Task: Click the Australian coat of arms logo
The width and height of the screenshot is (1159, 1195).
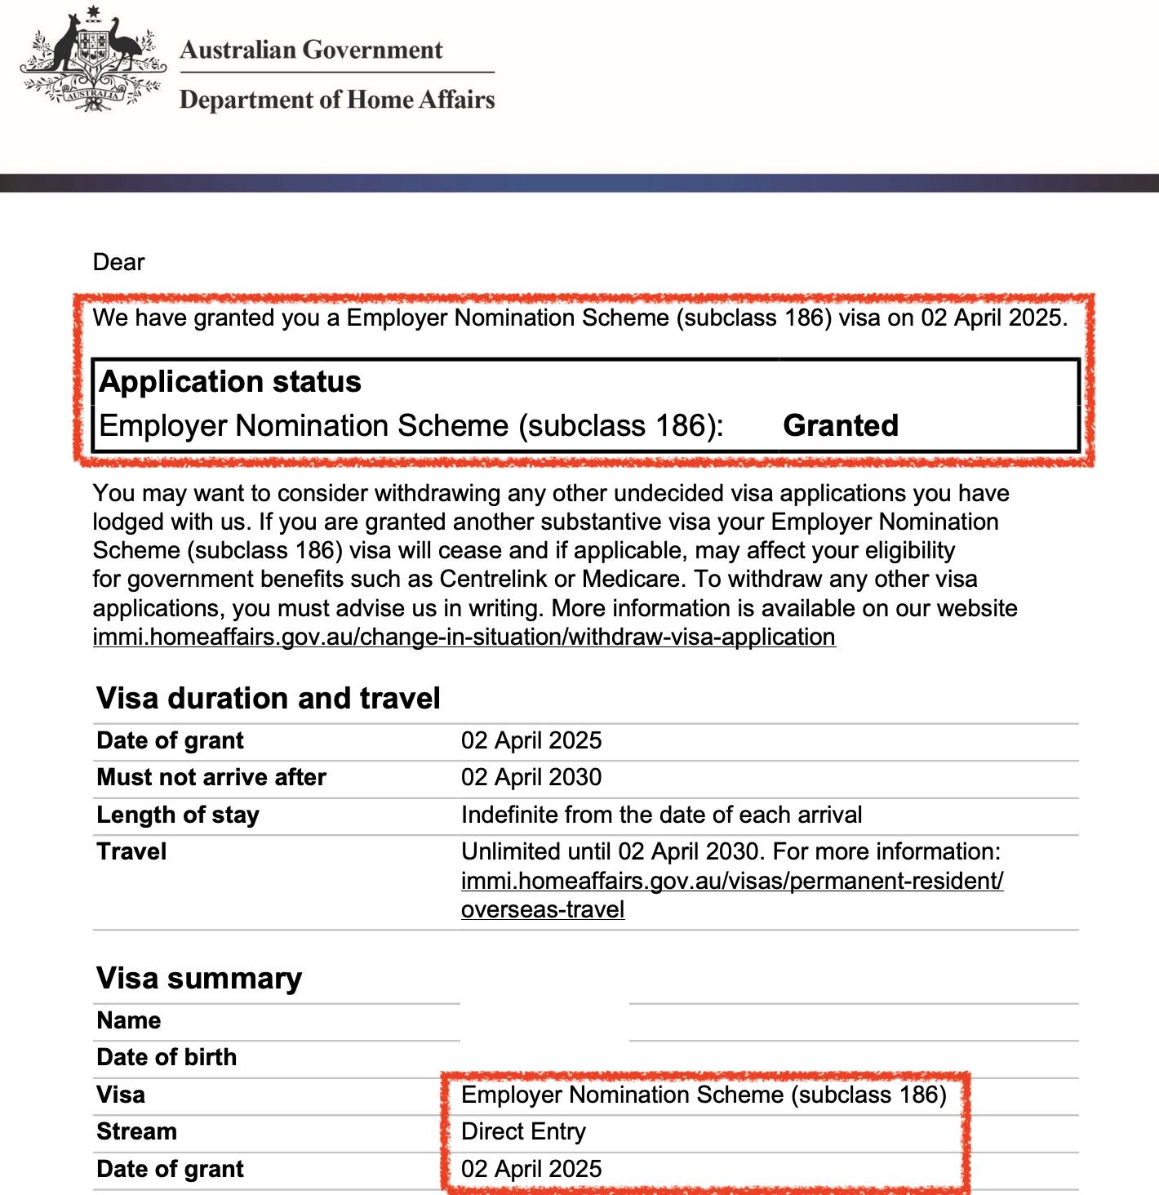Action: [93, 60]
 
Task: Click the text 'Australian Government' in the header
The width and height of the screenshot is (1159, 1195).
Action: [311, 50]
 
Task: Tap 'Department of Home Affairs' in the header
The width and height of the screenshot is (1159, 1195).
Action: [337, 100]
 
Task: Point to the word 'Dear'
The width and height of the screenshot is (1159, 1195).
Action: [118, 262]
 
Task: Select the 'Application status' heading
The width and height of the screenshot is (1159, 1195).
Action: [230, 381]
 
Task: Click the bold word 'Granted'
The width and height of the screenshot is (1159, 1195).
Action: [841, 425]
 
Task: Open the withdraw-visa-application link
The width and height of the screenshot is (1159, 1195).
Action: [464, 637]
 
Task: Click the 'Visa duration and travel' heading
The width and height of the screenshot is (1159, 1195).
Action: [269, 698]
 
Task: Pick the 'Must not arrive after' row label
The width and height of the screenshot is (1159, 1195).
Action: [211, 777]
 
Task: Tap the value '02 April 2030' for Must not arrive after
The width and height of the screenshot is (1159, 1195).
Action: [531, 777]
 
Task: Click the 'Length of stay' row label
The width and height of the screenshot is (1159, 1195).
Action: [178, 815]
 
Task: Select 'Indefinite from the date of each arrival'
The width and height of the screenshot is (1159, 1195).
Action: [661, 815]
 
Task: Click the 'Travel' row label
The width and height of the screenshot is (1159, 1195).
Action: [131, 851]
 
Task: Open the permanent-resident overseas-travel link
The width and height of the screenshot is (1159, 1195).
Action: [732, 881]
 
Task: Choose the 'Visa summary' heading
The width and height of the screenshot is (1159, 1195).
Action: [199, 978]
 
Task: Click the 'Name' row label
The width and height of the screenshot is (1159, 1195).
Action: [129, 1020]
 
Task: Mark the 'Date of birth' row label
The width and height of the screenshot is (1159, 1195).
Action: [167, 1057]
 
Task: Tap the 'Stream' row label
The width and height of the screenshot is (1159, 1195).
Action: [136, 1131]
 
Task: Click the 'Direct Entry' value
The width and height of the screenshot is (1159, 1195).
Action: [523, 1131]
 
